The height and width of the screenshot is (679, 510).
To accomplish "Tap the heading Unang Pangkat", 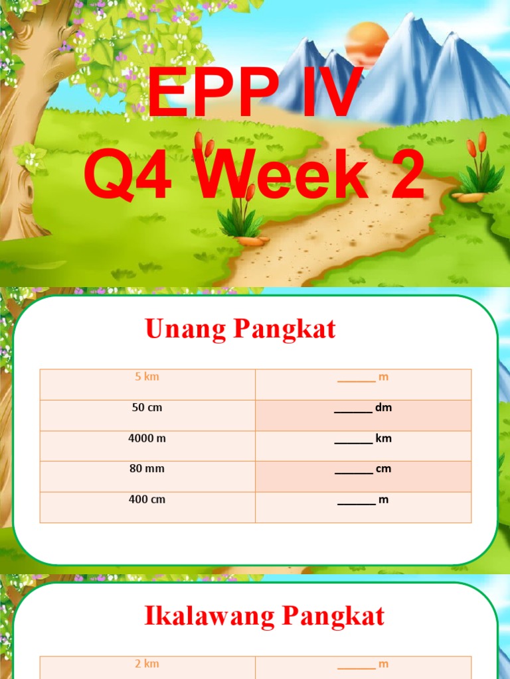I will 240,330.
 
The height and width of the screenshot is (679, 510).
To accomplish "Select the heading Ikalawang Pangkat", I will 264,616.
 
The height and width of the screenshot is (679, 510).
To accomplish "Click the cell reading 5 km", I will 147,377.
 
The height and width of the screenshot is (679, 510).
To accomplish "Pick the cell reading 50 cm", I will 147,408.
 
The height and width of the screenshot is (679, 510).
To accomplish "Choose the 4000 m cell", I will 147,438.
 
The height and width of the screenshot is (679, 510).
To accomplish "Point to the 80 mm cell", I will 147,469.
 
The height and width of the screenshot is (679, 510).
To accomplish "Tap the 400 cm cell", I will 147,499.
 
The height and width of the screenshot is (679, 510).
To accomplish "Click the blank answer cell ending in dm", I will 363,408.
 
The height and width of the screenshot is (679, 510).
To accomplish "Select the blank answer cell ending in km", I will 363,439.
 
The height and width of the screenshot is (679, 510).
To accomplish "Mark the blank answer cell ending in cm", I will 363,469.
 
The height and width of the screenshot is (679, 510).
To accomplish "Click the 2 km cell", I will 147,664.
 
